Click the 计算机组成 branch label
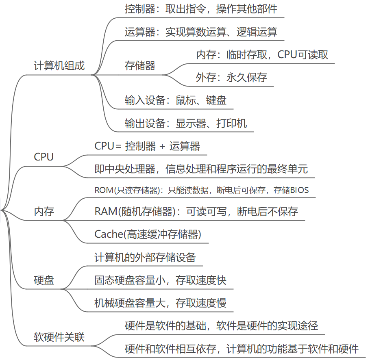coord(59,66)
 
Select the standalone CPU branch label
coord(44,157)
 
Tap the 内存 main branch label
coord(44,212)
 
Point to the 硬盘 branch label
coord(44,280)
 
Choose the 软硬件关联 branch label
coord(59,337)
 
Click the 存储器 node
coord(140,66)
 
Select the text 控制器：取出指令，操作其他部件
coord(201,9)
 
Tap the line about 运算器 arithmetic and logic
coord(201,32)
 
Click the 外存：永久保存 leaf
coord(231,78)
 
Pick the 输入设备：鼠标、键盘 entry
coord(176,100)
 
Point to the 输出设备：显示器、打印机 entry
coord(186,123)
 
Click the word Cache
coord(109,234)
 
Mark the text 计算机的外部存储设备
coord(145,257)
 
